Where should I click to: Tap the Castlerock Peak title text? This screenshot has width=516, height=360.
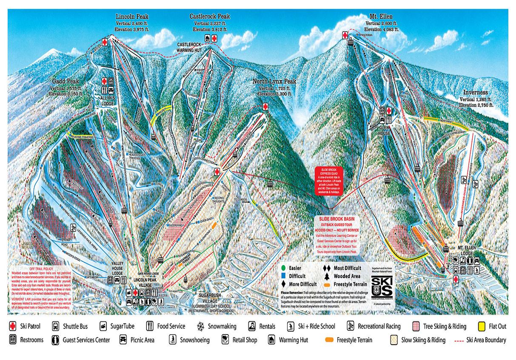(209, 17)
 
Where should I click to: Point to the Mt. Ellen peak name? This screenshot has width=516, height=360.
(381, 17)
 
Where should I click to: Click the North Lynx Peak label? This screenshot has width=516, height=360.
(274, 81)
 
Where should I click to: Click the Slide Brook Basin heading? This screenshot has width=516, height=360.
(335, 218)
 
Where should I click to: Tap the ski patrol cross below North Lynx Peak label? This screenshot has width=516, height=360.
(265, 107)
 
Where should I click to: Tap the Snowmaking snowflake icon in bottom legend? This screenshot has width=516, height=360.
(200, 326)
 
